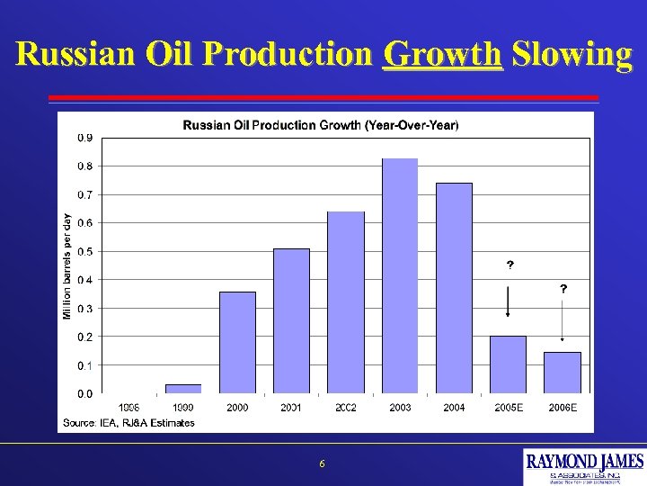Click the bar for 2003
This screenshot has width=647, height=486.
tap(400, 275)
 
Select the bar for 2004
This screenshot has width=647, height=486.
tap(454, 288)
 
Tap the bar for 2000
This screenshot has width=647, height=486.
tap(237, 342)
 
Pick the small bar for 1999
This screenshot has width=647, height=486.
tap(183, 389)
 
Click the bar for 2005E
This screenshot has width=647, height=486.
tap(508, 364)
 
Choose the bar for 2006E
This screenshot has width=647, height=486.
tap(563, 373)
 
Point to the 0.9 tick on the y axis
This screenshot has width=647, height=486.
tap(83, 138)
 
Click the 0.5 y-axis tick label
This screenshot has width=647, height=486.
tap(83, 251)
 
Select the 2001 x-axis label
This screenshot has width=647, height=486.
tap(291, 408)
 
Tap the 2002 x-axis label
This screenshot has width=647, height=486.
tap(346, 408)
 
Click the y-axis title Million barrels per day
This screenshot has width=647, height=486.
tap(66, 265)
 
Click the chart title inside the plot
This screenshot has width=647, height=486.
tap(321, 125)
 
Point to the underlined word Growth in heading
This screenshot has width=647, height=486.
tap(441, 55)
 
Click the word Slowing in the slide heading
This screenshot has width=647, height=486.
tap(572, 55)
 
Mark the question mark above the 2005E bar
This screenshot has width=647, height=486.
tap(510, 265)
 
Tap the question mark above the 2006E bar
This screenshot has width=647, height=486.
tap(563, 289)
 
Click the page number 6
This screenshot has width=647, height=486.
tap(323, 464)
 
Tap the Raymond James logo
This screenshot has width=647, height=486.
tap(584, 467)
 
